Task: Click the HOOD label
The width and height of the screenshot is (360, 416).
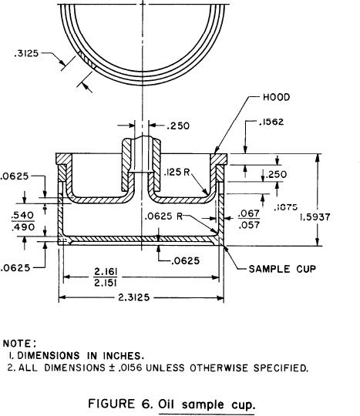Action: [x=277, y=97]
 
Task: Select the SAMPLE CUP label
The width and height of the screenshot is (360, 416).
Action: [x=282, y=269]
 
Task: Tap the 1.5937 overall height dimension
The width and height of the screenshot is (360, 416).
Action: [x=315, y=217]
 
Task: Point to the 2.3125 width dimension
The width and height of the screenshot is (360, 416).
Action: [x=134, y=297]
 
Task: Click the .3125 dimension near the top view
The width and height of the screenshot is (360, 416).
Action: [x=26, y=54]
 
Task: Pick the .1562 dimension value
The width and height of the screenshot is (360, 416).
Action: [x=271, y=122]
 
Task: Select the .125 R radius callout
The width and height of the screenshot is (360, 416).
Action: [x=177, y=173]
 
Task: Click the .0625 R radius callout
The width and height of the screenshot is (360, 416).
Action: [x=163, y=216]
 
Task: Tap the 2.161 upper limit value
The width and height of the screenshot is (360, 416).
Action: [x=106, y=272]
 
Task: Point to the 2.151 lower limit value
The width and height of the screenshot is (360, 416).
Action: [x=106, y=283]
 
